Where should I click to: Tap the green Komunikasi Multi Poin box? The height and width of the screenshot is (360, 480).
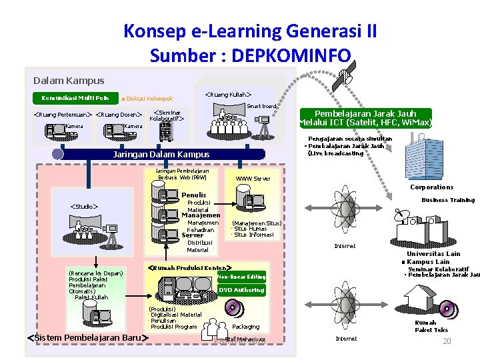(71, 99)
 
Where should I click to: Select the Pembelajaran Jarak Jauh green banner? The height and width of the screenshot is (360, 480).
(367, 118)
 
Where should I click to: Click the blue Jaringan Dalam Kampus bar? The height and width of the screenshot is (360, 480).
(161, 155)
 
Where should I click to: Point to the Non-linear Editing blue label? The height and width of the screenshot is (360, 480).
(241, 277)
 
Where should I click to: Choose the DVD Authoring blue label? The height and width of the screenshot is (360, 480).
(241, 290)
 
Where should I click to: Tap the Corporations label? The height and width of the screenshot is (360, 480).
(431, 187)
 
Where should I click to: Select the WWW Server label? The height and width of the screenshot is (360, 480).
(253, 179)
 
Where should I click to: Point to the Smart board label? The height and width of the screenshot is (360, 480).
(261, 106)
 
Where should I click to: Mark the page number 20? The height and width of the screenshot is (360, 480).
(447, 341)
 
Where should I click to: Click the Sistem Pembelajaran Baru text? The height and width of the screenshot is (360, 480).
(85, 337)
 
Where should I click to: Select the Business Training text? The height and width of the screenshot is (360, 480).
(447, 200)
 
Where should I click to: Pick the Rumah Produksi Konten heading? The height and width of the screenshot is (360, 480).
(189, 267)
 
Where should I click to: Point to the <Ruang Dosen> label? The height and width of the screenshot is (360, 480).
(120, 115)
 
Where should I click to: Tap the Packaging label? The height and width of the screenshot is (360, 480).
(245, 327)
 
